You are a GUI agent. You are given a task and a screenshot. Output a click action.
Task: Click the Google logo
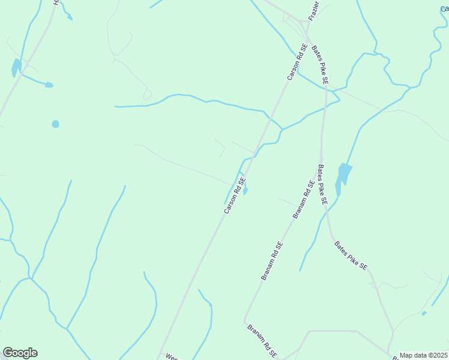[x=20, y=353]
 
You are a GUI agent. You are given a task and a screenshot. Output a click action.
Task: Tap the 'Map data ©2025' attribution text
[x=423, y=355]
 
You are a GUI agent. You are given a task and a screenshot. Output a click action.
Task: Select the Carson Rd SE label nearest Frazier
[x=297, y=61]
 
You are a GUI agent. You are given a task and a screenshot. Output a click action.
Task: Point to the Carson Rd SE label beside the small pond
[x=235, y=194]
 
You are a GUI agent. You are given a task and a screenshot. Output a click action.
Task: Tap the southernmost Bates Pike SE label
[x=351, y=256]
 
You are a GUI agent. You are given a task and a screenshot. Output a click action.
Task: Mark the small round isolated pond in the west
[x=55, y=124]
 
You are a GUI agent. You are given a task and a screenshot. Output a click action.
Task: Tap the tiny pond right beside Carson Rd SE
[x=245, y=191]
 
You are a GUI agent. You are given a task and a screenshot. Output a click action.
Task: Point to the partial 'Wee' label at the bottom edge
[x=172, y=356]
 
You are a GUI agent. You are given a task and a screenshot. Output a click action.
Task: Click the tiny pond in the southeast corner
[x=424, y=313]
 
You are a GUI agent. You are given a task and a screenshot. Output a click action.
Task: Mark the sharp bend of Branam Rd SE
[x=244, y=321]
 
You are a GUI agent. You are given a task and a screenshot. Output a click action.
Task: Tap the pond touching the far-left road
[x=16, y=68]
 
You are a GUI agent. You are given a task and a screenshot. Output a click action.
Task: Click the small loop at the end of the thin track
[x=147, y=95]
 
